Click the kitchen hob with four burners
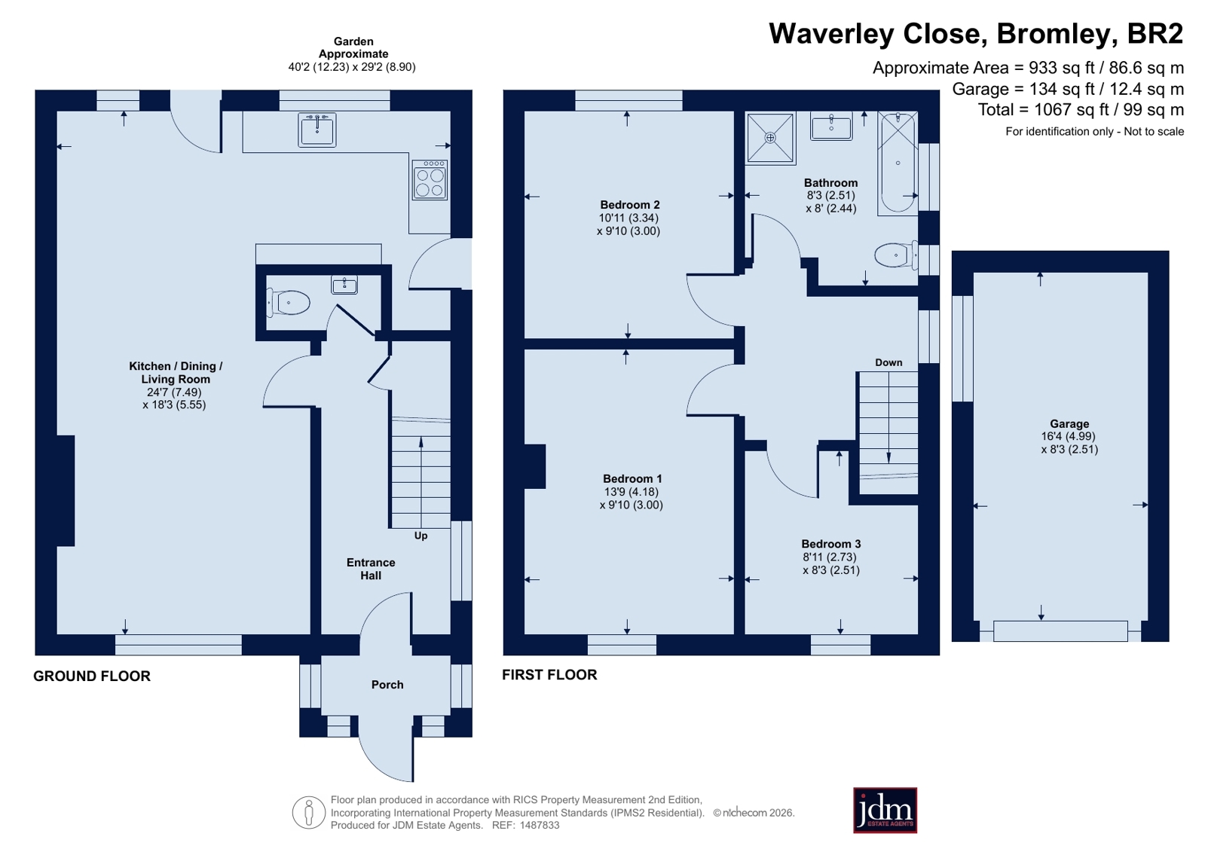tap(430, 179)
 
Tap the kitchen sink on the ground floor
tap(317, 130)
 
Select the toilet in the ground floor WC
tap(289, 302)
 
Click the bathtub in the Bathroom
tap(898, 163)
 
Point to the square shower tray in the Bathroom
tap(770, 138)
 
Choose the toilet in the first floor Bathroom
tap(896, 255)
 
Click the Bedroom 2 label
tap(630, 205)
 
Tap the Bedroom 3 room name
tap(831, 544)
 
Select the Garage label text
tap(1069, 424)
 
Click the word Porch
tap(387, 684)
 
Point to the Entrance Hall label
tap(371, 569)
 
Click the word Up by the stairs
tap(421, 536)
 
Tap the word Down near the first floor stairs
tap(888, 362)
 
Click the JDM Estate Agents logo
tap(885, 811)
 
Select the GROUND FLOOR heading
tap(92, 676)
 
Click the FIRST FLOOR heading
tap(550, 675)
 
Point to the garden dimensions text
tap(352, 67)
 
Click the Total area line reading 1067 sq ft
tap(1081, 110)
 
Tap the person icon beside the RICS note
tap(309, 812)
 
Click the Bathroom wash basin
tap(831, 127)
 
